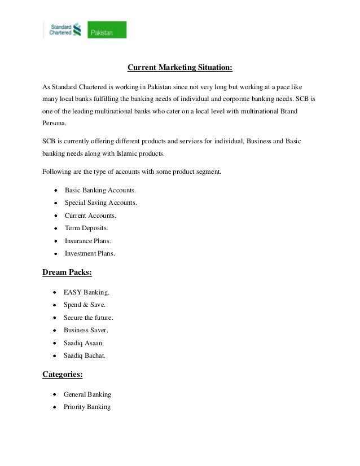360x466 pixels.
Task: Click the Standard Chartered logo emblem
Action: (77, 30)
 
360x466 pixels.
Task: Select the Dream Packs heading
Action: (67, 273)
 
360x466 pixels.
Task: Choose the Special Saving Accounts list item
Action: (100, 203)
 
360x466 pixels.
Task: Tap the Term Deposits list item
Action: (86, 228)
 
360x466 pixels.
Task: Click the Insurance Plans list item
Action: (88, 241)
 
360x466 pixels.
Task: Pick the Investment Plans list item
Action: (90, 253)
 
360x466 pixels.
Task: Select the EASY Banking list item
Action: (87, 293)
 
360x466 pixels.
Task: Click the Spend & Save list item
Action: (85, 305)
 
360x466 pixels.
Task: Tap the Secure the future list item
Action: (89, 318)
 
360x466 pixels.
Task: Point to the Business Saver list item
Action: (86, 330)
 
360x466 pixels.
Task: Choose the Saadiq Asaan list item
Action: (84, 343)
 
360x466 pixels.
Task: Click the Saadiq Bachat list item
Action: (85, 355)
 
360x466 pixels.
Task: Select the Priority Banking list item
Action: (87, 407)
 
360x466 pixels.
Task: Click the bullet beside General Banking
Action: (53, 394)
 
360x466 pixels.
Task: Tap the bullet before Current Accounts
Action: (54, 216)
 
